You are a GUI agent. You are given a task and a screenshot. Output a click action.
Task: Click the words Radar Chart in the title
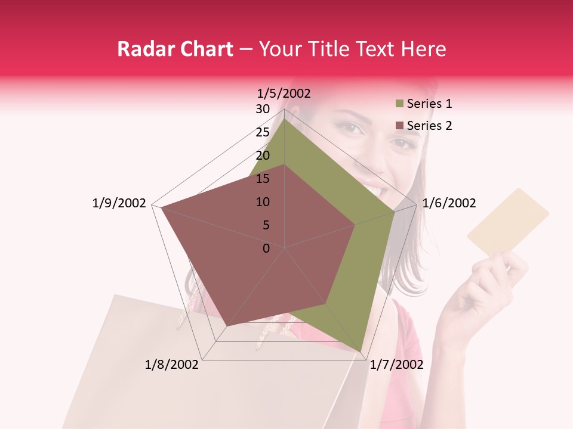point(175,49)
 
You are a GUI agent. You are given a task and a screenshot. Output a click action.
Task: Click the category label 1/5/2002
point(284,93)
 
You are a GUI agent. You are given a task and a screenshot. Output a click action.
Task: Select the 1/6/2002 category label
point(449,203)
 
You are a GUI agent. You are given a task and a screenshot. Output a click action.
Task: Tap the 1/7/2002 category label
point(396,365)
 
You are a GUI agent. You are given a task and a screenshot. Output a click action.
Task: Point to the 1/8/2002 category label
point(172,365)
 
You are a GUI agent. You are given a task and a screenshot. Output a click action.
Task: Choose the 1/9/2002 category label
point(119,203)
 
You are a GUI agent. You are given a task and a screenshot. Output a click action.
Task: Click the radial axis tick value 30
point(263,109)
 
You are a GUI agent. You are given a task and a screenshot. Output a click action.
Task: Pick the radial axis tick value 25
point(263,132)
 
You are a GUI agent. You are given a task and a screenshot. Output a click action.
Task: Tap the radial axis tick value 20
point(263,156)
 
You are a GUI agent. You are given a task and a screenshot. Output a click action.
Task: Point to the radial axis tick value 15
point(263,179)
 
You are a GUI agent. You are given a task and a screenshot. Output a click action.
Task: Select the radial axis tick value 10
point(263,202)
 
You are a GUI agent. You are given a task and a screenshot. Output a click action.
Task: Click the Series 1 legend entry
point(429,104)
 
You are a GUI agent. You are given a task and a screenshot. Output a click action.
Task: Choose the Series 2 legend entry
point(429,126)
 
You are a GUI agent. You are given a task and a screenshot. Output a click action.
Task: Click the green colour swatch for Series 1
point(399,104)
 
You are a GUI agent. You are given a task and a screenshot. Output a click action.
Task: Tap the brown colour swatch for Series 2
point(399,126)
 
